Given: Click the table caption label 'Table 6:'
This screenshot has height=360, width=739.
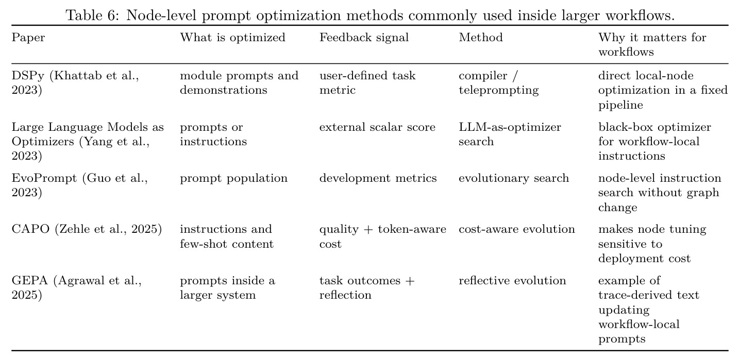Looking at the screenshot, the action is point(92,15).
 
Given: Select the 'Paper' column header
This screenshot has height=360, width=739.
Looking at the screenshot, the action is point(28,37).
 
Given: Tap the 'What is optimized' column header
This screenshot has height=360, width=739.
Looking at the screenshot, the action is point(232,37).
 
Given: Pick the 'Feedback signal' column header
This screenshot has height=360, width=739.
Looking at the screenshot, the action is point(364,37).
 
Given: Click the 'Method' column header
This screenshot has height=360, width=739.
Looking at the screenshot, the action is point(481,37).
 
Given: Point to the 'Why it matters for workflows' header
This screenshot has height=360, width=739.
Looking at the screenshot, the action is point(652,44).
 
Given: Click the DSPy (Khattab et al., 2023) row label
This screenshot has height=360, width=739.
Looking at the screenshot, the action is point(75,83).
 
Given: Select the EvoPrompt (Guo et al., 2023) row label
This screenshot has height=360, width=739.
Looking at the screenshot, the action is point(79,185).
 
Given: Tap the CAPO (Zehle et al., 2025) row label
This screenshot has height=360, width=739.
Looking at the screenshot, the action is point(87,229).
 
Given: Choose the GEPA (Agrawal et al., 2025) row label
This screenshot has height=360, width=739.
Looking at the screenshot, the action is point(77,287).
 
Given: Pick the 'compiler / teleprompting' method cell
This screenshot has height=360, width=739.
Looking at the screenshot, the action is point(498,83).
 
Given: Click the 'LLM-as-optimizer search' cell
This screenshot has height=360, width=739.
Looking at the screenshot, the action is point(510,134).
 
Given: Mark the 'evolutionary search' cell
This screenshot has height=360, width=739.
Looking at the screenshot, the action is point(514,178).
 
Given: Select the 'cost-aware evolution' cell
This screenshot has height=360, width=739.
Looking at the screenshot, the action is point(517,229).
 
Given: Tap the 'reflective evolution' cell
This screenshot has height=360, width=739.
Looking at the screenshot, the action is point(512,280).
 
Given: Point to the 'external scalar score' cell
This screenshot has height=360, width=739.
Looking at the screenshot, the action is point(377,127).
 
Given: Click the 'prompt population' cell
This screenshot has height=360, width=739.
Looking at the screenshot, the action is point(233,178).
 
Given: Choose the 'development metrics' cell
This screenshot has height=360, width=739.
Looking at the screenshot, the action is point(378,178).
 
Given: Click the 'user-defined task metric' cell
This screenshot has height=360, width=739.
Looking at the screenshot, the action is point(367,83).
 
